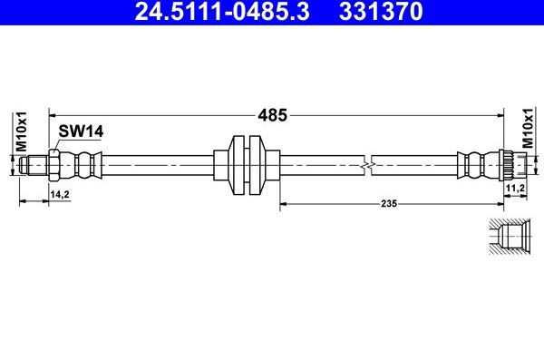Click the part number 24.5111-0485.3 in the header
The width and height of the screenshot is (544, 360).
[x=222, y=11]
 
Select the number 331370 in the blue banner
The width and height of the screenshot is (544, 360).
[x=381, y=11]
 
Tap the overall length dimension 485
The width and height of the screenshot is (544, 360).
[x=272, y=115]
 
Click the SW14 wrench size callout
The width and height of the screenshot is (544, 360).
[x=81, y=131]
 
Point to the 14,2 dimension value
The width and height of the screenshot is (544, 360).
[x=60, y=194]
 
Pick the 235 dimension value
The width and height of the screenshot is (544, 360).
[x=389, y=203]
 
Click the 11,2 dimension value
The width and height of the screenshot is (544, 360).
[x=515, y=188]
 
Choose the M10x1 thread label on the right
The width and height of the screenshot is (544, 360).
[x=528, y=128]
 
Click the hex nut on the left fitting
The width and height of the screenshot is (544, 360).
[x=54, y=165]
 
